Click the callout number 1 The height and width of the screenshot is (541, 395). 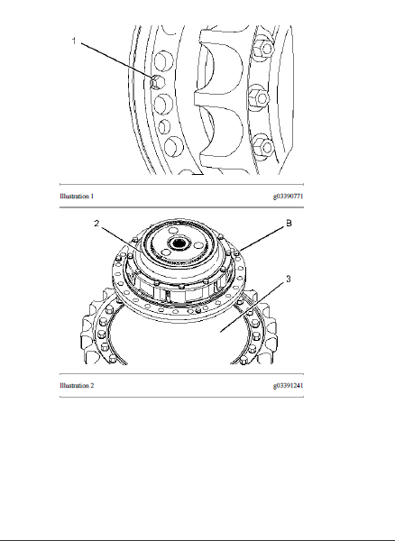[x=73, y=41]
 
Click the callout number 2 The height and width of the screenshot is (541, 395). [x=96, y=224]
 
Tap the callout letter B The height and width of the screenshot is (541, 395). [x=289, y=224]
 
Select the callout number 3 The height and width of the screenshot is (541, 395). [x=289, y=279]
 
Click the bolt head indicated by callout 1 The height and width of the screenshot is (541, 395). [x=157, y=82]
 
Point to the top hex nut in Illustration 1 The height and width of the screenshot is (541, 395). [x=263, y=49]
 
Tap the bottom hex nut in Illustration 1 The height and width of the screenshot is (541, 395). [x=263, y=146]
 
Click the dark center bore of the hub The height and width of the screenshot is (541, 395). [x=179, y=243]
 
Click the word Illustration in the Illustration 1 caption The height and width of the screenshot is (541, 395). [x=74, y=197]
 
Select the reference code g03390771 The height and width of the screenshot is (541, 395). [x=288, y=197]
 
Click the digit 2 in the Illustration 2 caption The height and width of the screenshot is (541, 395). [x=92, y=385]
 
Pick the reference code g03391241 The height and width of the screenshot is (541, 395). [x=288, y=385]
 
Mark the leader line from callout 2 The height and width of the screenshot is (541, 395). [x=121, y=238]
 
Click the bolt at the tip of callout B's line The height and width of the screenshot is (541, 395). [x=236, y=253]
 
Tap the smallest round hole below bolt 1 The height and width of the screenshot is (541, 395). [x=164, y=126]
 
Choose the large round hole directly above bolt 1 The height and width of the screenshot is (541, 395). [x=161, y=61]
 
